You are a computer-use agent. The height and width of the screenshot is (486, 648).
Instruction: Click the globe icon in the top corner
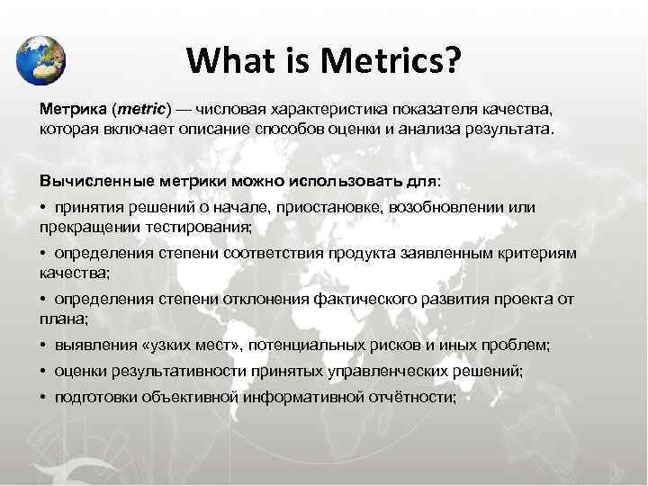(40, 59)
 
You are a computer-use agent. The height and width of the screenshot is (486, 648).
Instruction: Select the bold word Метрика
(72, 109)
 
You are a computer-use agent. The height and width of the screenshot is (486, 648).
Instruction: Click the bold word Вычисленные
(93, 180)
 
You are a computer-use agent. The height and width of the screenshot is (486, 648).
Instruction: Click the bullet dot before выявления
(43, 346)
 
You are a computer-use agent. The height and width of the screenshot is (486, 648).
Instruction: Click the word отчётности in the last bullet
(409, 397)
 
